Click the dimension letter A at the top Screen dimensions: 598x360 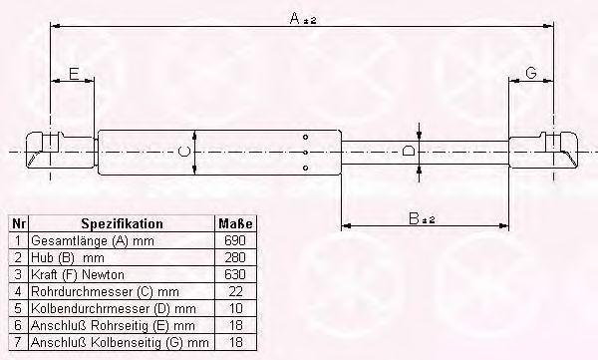point(294,18)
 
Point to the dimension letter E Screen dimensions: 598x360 point(74,74)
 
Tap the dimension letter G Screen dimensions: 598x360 point(531,73)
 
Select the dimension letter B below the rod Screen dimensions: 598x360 point(414,218)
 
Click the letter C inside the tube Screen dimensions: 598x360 point(184,152)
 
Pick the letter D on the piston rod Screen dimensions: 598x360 point(409,151)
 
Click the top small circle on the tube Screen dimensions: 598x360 point(305,137)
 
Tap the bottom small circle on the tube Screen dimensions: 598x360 point(305,168)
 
